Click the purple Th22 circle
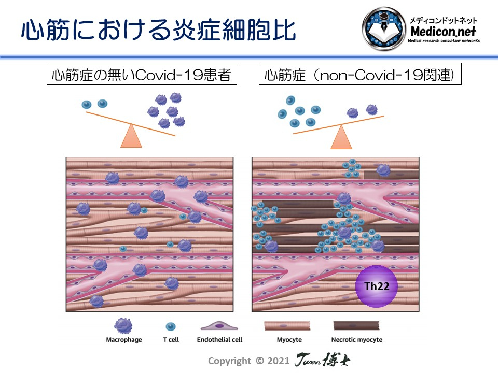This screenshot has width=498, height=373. [377, 286]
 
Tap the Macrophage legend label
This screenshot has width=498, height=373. [124, 340]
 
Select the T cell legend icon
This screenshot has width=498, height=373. [171, 326]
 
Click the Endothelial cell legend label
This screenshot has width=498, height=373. [219, 340]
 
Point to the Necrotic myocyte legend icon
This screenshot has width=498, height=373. [356, 326]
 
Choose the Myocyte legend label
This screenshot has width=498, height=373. [289, 340]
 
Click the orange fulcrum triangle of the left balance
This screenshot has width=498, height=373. [131, 136]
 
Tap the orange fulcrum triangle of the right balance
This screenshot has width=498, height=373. [341, 137]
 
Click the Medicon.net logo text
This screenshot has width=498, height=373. [443, 32]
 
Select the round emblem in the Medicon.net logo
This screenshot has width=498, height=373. [384, 28]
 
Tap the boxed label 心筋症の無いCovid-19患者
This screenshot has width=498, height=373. [142, 74]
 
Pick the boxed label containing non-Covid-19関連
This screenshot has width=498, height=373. [360, 74]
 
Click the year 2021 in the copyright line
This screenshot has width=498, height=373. [278, 361]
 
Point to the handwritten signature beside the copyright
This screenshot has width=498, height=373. [322, 360]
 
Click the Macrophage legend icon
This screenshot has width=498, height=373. [123, 326]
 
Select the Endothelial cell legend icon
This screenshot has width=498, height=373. [219, 325]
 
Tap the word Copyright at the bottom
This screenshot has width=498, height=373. [229, 361]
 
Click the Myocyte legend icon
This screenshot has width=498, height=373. [287, 326]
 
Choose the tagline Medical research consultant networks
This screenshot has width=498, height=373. [444, 41]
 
